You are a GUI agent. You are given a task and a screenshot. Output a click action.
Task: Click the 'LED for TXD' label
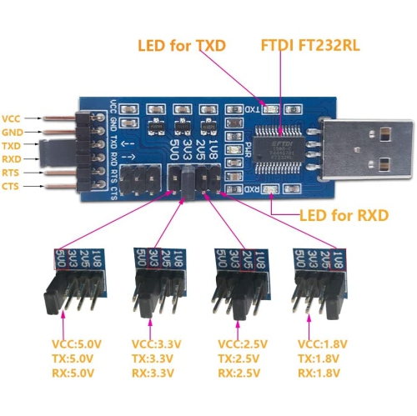pos(182,45)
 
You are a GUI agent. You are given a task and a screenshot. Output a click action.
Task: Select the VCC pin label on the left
pos(13,118)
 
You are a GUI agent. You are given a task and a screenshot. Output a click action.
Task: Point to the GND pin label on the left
pos(13,132)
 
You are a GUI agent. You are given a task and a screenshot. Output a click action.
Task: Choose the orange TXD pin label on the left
pos(13,145)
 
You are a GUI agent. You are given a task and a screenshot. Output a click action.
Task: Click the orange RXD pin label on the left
pos(13,158)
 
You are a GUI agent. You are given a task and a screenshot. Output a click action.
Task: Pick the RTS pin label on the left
pos(13,172)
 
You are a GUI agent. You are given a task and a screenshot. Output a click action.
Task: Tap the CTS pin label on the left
pos(13,185)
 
